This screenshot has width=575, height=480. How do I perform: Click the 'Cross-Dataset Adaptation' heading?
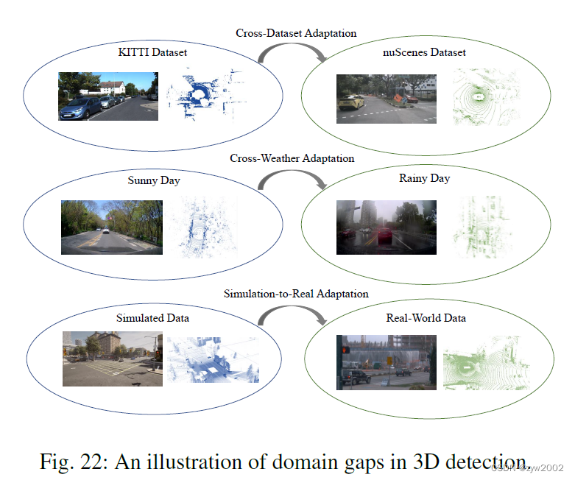point(296,33)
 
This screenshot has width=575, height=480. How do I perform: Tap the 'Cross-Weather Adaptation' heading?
point(292,158)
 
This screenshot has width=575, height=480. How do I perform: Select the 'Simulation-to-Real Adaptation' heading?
point(296,294)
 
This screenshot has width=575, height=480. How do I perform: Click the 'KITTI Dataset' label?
point(152,52)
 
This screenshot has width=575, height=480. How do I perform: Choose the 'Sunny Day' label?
point(153,180)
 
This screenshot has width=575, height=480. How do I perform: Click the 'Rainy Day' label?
point(424,178)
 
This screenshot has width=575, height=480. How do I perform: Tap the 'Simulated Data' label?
point(152,318)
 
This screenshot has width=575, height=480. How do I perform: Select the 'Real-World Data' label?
point(426,318)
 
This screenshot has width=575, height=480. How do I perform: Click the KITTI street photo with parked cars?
point(108,96)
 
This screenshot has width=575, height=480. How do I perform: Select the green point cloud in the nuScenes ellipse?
point(481,96)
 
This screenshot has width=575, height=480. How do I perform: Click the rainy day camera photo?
point(386,227)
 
